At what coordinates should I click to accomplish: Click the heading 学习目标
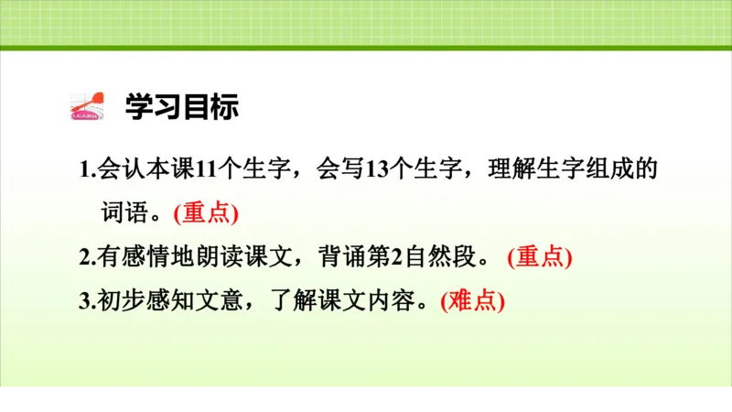[x=181, y=106]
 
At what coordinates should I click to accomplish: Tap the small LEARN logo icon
[x=88, y=107]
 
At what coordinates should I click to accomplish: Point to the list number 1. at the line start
[x=87, y=170]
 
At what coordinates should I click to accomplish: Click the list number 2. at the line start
[x=87, y=257]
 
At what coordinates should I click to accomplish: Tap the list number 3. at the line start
[x=87, y=301]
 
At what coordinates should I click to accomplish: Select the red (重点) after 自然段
[x=539, y=257]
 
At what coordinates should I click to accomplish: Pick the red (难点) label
[x=472, y=301]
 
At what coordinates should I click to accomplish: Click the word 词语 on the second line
[x=123, y=213]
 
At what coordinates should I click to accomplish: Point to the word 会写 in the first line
[x=339, y=169]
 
